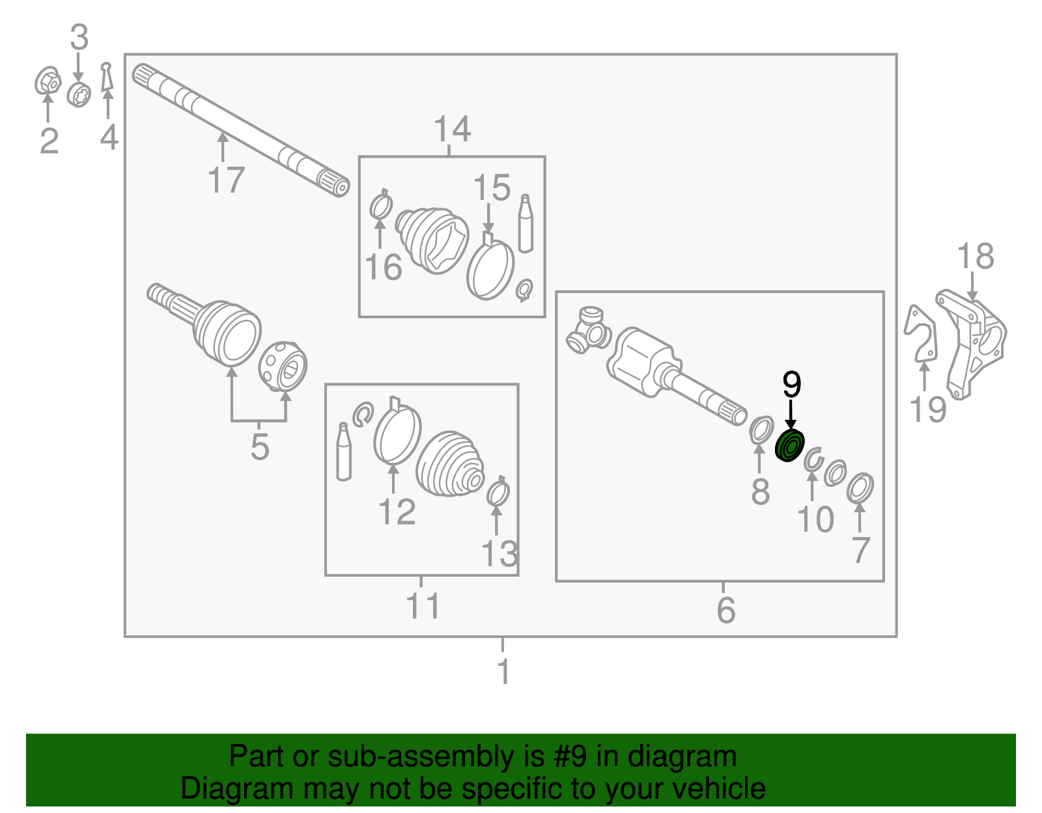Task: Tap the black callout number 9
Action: coord(791,385)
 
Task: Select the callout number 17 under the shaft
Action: coord(226,180)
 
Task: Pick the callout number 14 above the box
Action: coord(451,130)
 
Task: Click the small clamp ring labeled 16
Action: coord(380,206)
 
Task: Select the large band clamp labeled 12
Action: coord(397,433)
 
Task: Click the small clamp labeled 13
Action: coord(498,493)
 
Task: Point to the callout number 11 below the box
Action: coord(423,606)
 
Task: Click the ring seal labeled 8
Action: coord(760,431)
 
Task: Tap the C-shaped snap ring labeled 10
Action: coord(812,460)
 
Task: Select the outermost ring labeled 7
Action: coord(860,488)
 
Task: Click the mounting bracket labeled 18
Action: coord(974,342)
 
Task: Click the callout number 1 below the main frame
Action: coord(503,672)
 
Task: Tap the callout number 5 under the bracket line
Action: coord(259,447)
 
